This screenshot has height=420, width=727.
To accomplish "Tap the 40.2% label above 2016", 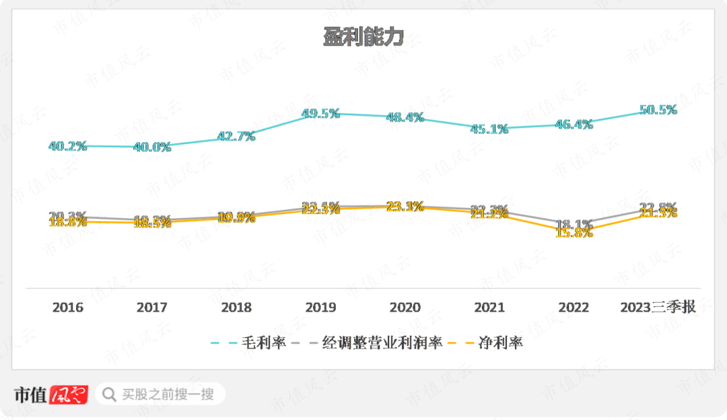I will (x=68, y=145).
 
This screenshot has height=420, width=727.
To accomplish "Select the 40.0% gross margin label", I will (x=152, y=147).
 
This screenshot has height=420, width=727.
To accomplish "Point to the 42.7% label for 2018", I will (x=236, y=136).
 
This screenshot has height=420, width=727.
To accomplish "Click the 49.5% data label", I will (x=320, y=114).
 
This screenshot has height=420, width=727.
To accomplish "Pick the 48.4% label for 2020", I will (x=405, y=117).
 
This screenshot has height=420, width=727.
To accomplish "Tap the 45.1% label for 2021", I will (x=489, y=129).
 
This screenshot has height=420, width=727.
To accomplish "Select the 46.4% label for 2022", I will (x=574, y=124).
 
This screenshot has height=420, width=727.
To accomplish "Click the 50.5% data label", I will (x=658, y=110).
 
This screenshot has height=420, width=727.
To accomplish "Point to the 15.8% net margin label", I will (x=574, y=233).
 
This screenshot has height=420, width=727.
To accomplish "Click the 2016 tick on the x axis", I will (x=68, y=308).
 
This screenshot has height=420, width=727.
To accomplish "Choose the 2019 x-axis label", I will (x=320, y=308).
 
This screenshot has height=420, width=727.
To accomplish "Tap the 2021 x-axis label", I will (x=489, y=308).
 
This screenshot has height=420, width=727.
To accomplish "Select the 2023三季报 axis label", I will (x=658, y=308).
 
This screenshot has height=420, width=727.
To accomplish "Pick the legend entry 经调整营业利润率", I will (x=383, y=343).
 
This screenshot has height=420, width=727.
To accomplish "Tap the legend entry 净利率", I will (x=500, y=343).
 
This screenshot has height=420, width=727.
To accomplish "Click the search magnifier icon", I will (x=108, y=394).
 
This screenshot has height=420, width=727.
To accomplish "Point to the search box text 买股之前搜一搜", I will (x=168, y=394).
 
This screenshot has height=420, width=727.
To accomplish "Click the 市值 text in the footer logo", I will (x=30, y=394).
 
